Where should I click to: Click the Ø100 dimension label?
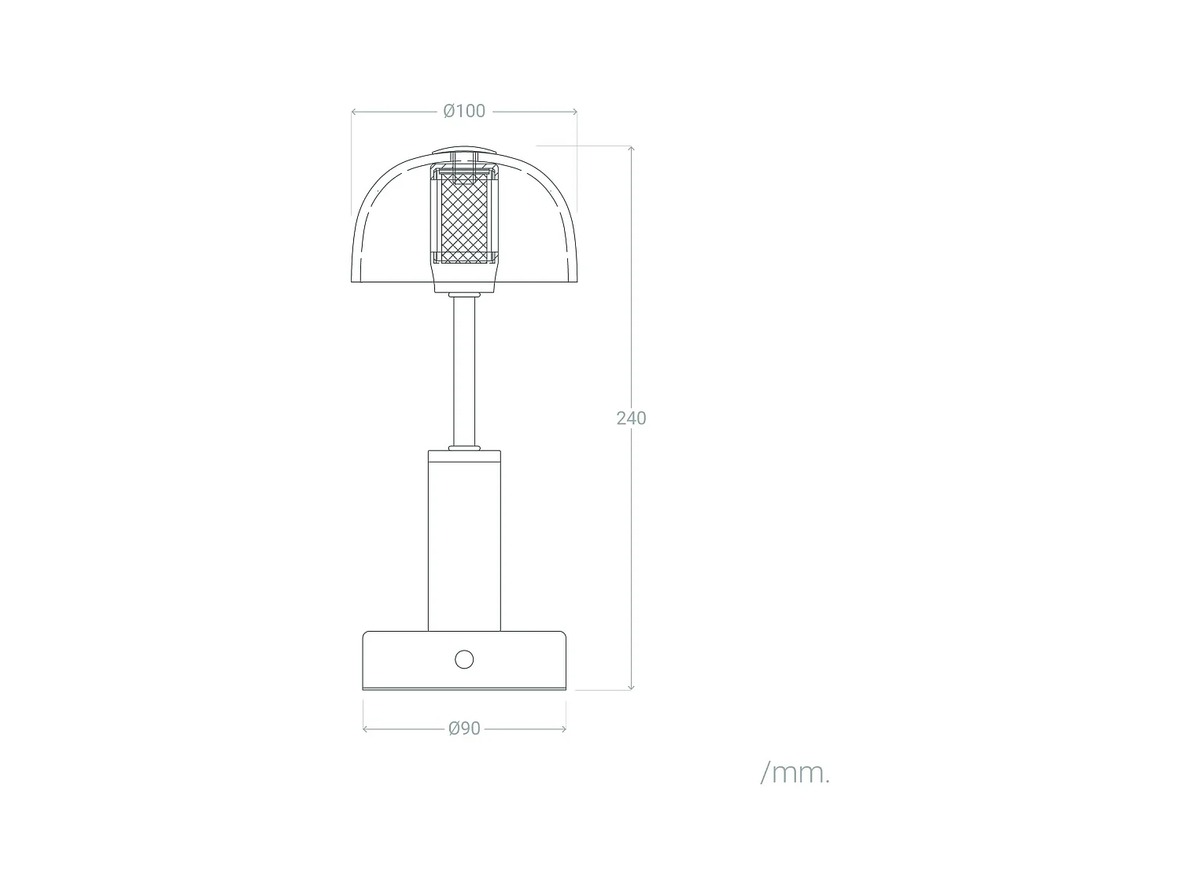point(464,111)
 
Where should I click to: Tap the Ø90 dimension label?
point(464,728)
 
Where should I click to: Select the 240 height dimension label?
point(631,419)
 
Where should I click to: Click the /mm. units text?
point(795,773)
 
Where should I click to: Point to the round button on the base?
point(464,659)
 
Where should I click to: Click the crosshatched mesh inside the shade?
point(464,219)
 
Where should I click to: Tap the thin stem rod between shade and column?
point(464,370)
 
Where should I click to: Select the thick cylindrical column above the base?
point(464,543)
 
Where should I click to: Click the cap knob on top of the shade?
point(464,151)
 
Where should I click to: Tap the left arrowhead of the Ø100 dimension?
point(354,112)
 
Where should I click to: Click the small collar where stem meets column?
point(464,448)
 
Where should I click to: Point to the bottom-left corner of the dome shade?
point(352,280)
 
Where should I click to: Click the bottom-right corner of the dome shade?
point(577,280)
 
